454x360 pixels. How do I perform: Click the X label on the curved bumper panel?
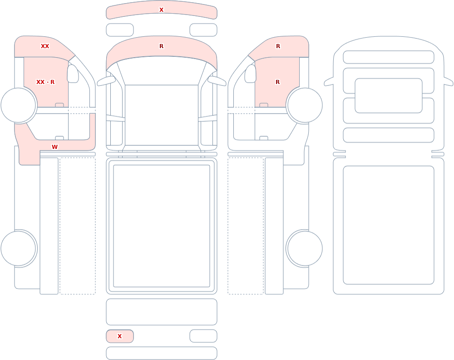click(x=161, y=10)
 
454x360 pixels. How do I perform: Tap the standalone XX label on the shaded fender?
click(x=45, y=46)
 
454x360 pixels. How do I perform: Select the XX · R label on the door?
click(x=45, y=82)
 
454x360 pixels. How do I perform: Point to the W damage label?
click(x=54, y=147)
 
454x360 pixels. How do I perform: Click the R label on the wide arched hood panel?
click(x=161, y=46)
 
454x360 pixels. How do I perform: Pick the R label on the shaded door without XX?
click(x=278, y=82)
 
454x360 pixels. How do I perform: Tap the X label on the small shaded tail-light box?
click(x=119, y=336)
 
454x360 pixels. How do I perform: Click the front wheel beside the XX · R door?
click(x=19, y=105)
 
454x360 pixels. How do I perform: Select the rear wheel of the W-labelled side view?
click(x=19, y=248)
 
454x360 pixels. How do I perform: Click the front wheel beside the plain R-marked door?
click(x=304, y=105)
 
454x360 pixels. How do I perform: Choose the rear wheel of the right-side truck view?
click(x=304, y=248)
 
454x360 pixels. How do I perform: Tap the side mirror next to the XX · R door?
click(x=73, y=74)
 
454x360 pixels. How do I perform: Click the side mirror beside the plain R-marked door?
click(x=251, y=74)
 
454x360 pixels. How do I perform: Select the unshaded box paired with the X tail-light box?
click(x=203, y=336)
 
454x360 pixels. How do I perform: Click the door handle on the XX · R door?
click(x=59, y=105)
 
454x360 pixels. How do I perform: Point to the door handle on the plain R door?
click(x=264, y=105)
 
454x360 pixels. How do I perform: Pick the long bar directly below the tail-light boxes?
click(x=162, y=353)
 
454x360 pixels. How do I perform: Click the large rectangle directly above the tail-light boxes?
click(x=162, y=312)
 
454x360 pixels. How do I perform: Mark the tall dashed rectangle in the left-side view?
click(x=78, y=226)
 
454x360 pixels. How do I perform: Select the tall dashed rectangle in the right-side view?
click(x=246, y=226)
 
